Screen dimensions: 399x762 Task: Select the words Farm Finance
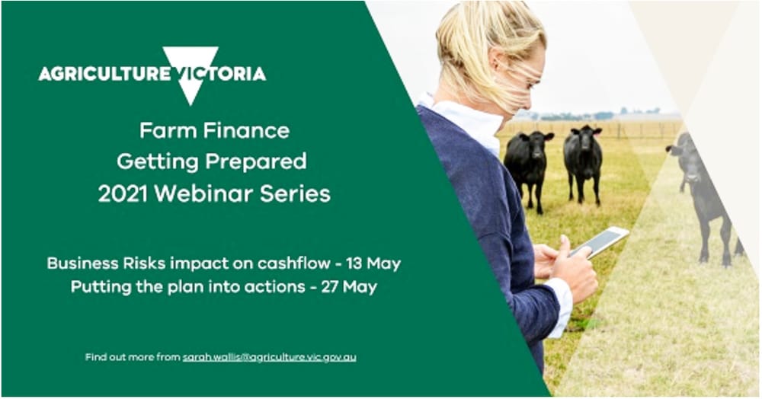click(x=214, y=130)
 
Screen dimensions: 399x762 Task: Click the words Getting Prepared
click(x=211, y=161)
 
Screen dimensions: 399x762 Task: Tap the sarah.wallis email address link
click(x=269, y=356)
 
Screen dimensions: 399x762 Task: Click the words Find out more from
click(x=133, y=356)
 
